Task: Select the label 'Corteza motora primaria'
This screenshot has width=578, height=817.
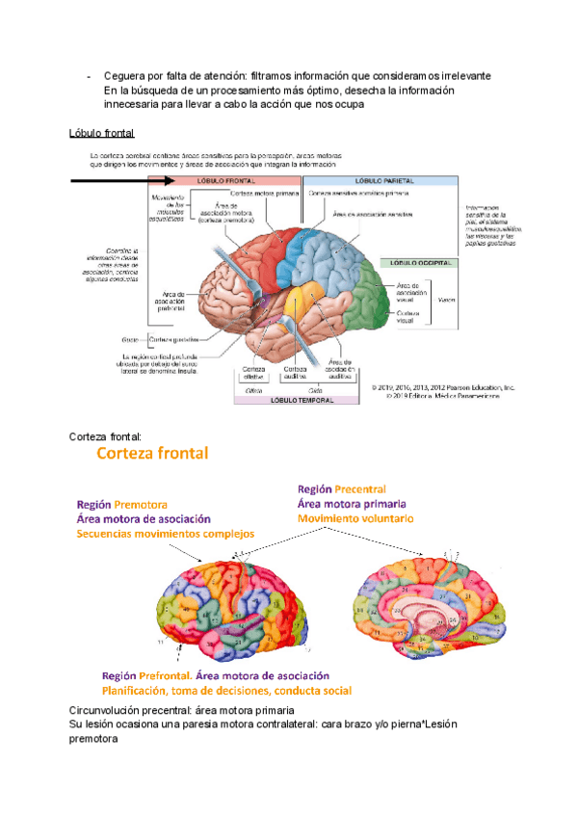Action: (262, 193)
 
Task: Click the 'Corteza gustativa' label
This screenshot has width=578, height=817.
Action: (172, 338)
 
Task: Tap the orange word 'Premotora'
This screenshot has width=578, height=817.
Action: (141, 504)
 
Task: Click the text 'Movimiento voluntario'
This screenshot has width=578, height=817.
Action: (355, 518)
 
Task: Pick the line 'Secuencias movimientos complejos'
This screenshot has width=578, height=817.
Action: (165, 533)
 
